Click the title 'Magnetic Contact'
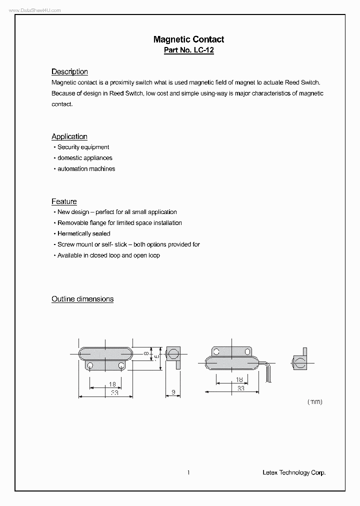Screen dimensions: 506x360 coord(188,39)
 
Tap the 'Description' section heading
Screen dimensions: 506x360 coord(69,71)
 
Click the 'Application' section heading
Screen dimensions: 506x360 coord(69,136)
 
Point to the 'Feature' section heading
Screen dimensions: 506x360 coord(64,201)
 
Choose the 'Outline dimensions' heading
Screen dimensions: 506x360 coord(82,299)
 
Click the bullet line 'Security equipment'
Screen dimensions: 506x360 coord(83,147)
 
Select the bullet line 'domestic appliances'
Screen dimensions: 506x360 coord(84,158)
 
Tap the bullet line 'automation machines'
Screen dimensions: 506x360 coord(86,169)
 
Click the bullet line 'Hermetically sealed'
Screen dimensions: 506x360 coord(83,233)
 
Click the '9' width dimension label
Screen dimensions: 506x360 coord(173,392)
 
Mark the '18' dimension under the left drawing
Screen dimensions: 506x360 coord(112,384)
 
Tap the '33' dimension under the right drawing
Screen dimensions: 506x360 coord(240,388)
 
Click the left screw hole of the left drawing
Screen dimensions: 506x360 coord(90,366)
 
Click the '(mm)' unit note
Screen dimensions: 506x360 coord(314,401)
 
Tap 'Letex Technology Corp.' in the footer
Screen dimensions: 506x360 coord(294,472)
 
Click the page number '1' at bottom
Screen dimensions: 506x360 coord(188,472)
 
